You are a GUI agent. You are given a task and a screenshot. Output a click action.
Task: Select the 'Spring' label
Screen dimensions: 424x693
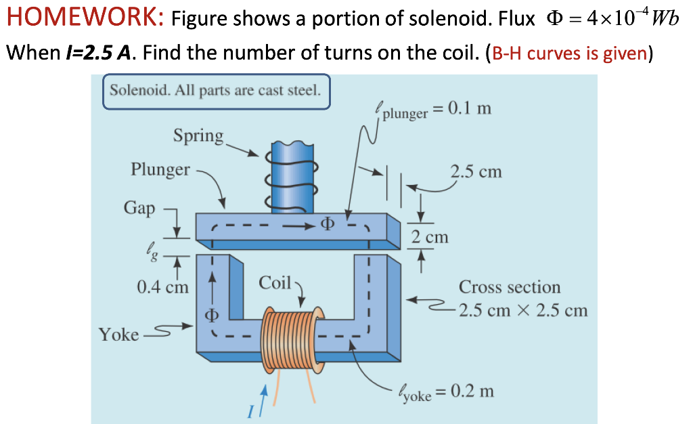pos(198,135)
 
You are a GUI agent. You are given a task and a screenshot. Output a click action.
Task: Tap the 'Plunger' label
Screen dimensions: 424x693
pos(160,169)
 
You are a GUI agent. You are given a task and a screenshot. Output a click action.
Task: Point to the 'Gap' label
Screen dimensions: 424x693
pos(139,207)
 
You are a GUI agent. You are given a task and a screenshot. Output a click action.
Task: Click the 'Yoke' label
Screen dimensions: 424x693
pos(118,334)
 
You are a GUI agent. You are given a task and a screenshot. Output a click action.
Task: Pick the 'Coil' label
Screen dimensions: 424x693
pos(274,282)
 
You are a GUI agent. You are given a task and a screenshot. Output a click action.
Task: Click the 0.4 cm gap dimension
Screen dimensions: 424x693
pos(162,287)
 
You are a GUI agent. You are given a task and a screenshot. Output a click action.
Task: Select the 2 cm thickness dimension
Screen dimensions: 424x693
pos(430,237)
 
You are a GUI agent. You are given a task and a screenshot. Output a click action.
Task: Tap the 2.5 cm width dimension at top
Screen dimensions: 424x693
pos(476,171)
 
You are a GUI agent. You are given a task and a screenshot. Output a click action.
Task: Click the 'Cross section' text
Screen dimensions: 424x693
pos(510,287)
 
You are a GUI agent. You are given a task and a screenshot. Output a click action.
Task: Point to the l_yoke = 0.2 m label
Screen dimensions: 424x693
pos(447,392)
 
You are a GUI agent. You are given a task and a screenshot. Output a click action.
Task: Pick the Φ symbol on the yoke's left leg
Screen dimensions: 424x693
pos(212,316)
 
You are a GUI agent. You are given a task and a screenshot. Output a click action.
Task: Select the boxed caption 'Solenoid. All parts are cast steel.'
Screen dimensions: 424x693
pos(215,91)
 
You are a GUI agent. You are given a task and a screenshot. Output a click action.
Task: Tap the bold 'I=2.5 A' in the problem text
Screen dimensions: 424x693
pos(94,54)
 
